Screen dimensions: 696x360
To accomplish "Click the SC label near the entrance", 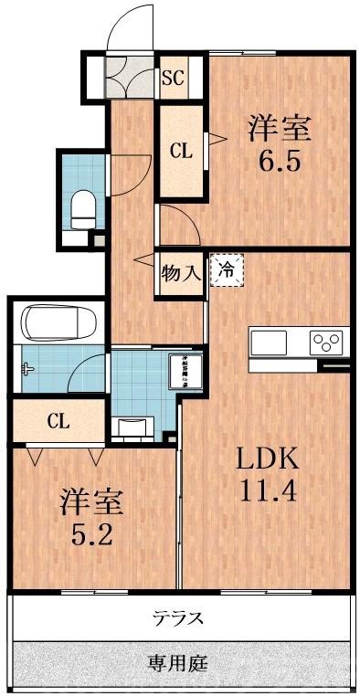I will (173, 78).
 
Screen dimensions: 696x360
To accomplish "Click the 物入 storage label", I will (180, 272).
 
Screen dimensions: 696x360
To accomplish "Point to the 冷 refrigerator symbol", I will (228, 269).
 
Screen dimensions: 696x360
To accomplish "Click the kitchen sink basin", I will (269, 344).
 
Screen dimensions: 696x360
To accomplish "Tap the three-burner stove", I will (326, 343).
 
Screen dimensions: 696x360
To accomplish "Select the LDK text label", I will (268, 458).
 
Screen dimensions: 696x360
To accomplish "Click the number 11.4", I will (268, 491).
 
